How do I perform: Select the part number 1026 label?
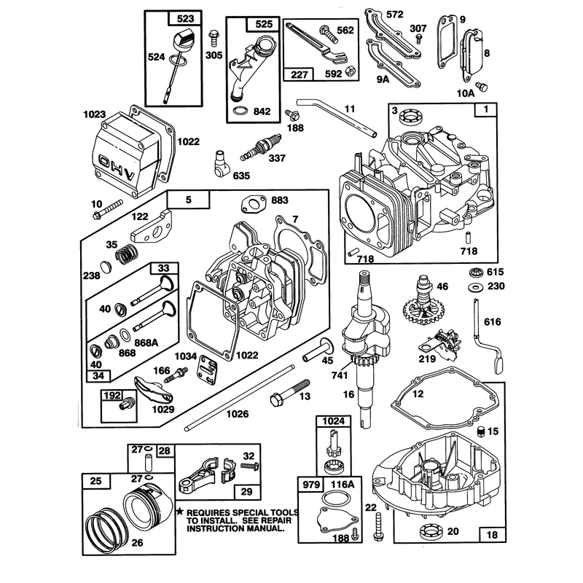[x=238, y=414]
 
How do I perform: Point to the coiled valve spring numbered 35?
[x=126, y=254]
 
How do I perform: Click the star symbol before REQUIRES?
[x=180, y=512]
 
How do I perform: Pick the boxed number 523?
[x=185, y=19]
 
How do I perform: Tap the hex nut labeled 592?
[x=350, y=71]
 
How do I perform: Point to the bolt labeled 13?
[x=290, y=393]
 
